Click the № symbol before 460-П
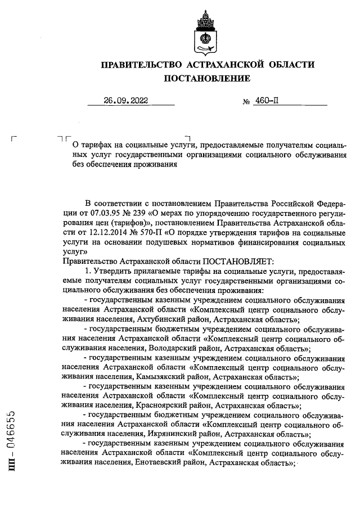pos(246,102)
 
